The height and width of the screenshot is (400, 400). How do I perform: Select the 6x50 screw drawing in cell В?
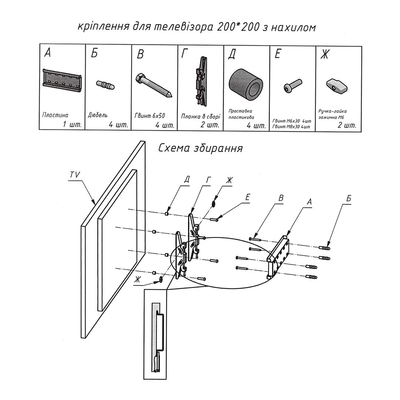[x=154, y=85]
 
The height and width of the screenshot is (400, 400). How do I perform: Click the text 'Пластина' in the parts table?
[x=55, y=115]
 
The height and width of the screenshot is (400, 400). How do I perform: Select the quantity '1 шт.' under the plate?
[x=72, y=124]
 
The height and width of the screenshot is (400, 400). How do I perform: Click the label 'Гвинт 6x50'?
[x=148, y=115]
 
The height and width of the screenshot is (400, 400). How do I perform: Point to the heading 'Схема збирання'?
[x=200, y=148]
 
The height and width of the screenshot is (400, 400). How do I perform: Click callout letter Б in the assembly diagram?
[x=348, y=198]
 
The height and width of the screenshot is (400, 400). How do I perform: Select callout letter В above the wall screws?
[x=281, y=198]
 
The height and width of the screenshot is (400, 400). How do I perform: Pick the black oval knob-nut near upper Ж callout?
[x=214, y=203]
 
